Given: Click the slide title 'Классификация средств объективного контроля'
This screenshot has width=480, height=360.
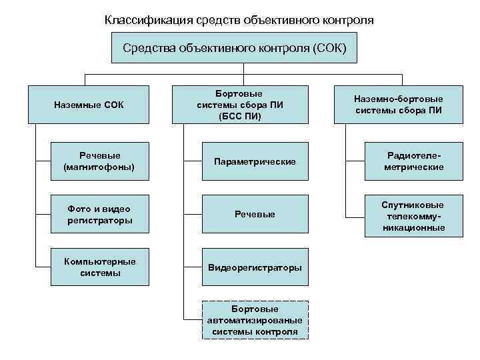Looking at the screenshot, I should point(239,20).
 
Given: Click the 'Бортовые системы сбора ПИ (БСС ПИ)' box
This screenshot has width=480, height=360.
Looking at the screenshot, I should point(240,105).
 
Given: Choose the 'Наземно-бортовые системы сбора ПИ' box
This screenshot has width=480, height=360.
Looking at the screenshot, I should point(398,105).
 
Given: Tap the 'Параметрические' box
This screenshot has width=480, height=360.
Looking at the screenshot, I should point(255,161).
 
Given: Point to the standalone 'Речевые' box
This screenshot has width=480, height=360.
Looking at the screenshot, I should point(255,214).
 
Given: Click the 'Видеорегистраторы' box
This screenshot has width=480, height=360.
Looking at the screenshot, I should point(255,267).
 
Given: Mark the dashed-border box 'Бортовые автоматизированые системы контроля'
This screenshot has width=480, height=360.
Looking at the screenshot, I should point(255,320).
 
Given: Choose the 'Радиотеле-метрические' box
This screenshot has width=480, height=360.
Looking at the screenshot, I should point(413,161).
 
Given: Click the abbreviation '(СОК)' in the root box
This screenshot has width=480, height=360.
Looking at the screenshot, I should point(328,48).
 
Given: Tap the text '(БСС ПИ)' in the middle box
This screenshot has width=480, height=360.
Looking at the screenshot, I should point(240,116).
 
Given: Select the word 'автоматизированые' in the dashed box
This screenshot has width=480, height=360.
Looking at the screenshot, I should point(255,320).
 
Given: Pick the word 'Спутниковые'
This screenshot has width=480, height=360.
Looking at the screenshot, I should point(413,205).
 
